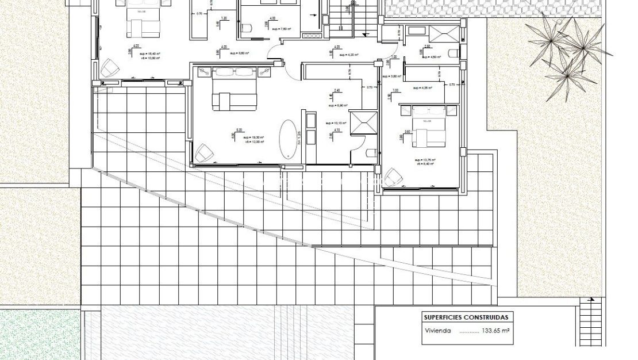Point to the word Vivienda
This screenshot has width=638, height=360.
tap(437, 331)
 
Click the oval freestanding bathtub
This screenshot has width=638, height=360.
tap(289, 139)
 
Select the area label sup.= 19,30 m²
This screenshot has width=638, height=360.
tap(253, 137)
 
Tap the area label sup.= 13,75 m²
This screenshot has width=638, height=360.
tap(425, 160)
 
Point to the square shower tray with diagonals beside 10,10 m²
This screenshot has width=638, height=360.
tap(364, 122)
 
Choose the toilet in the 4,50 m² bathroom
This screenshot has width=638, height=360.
tap(453, 53)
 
